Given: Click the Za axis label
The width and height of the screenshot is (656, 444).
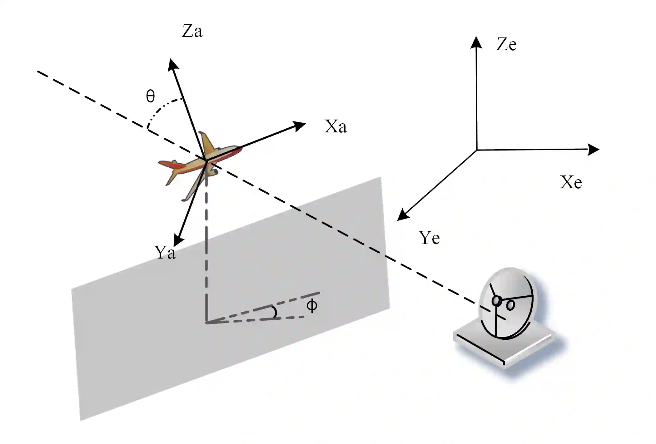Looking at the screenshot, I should click(192, 32).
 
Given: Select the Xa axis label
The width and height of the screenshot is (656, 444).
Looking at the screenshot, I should click(335, 127).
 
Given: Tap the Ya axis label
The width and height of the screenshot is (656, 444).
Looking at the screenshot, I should click(165, 252).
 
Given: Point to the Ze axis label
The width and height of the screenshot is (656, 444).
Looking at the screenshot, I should click(506, 44).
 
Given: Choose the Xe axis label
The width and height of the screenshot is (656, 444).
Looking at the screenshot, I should click(571, 182).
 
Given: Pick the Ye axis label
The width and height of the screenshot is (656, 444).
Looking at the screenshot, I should click(429, 238).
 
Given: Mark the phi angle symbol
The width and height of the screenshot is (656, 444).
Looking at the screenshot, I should click(312, 305).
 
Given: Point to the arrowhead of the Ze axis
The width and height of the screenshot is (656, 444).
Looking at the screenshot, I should click(476, 42).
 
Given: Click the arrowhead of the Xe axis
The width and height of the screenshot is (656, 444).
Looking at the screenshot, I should click(594, 150).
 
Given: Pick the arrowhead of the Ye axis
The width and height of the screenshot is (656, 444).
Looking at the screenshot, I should click(402, 216).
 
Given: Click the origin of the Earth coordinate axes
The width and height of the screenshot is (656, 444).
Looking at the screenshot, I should click(477, 150).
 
